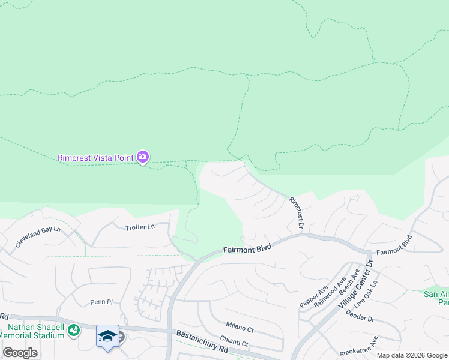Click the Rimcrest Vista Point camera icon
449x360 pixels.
(143, 157)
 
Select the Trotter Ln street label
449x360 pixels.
(140, 227)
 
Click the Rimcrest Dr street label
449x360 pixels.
(297, 212)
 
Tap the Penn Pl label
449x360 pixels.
(101, 302)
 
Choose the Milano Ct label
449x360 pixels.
(240, 329)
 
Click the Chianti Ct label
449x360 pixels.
(234, 343)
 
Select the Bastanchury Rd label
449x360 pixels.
(203, 341)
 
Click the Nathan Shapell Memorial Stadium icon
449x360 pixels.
(73, 329)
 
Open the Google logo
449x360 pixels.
(20, 353)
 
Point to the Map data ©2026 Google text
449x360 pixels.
(412, 355)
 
